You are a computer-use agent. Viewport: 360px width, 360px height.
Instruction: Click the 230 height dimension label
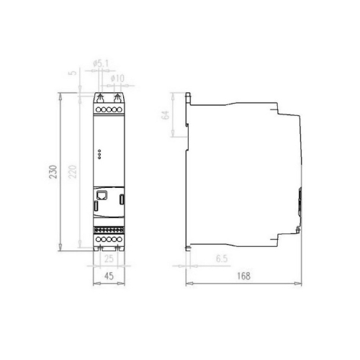53,171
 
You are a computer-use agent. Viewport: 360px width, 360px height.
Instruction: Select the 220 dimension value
73,171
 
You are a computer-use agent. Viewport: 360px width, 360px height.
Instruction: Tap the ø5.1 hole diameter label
101,63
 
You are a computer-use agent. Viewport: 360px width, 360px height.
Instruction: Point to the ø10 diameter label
117,78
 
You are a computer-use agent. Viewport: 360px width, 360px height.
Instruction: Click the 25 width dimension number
109,258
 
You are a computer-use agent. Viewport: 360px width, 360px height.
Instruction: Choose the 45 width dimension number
109,276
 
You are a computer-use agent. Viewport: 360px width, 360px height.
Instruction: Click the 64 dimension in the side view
166,115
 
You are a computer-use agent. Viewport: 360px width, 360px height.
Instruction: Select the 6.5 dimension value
222,258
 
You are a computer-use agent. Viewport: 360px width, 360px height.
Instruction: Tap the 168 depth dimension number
243,276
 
